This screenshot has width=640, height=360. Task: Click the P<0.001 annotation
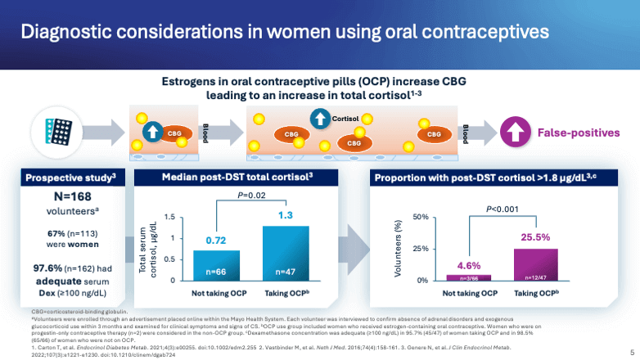coord(503,210)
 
